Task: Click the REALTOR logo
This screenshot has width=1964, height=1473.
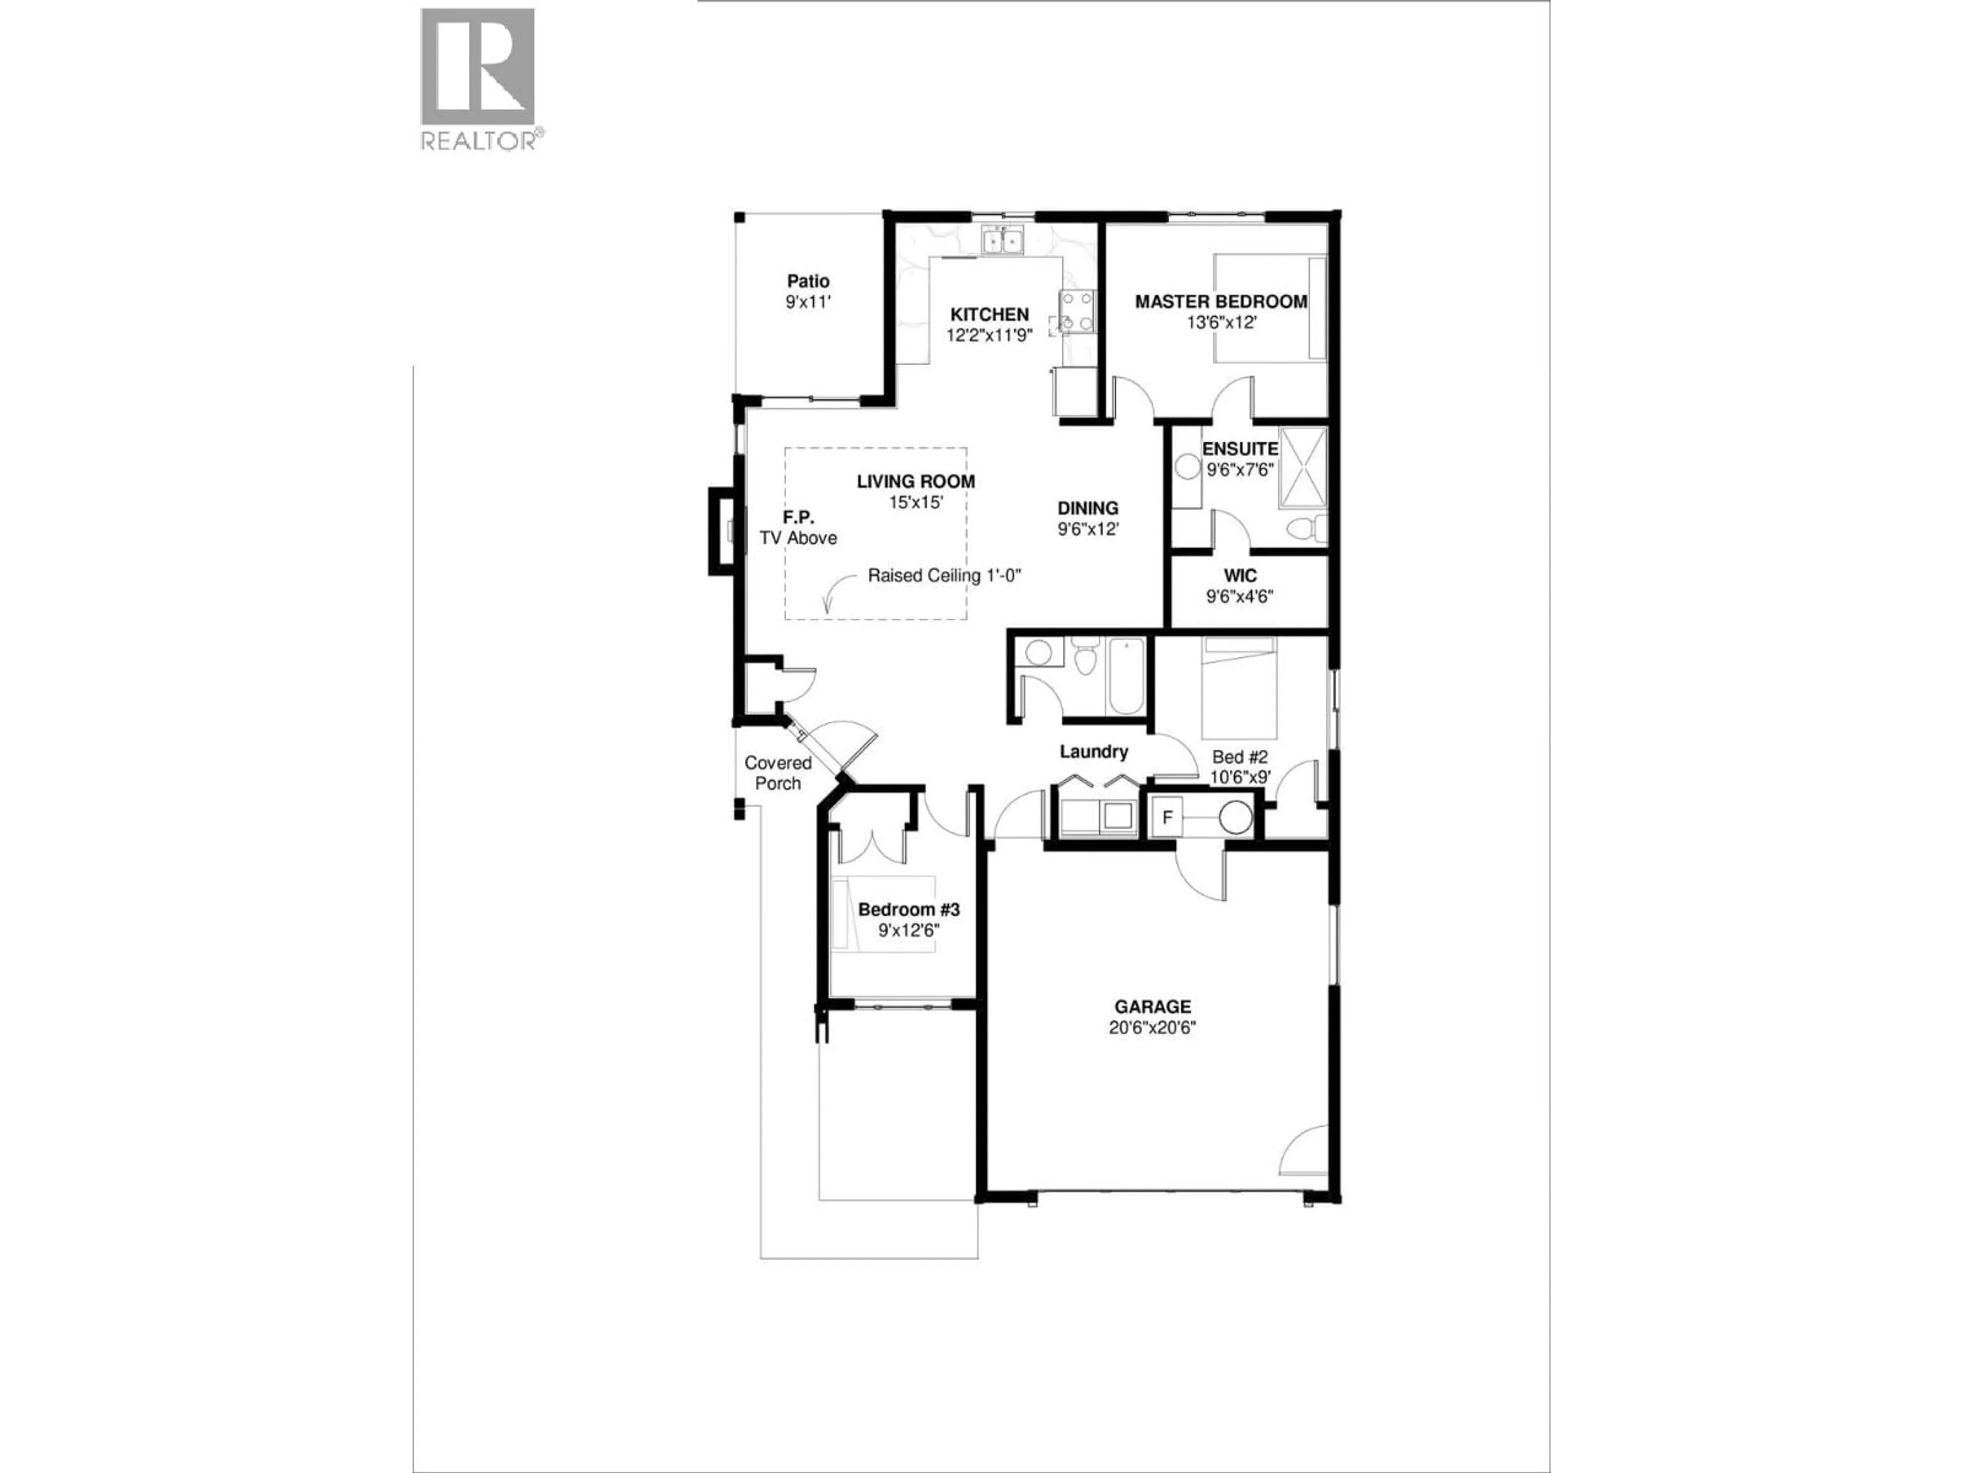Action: [478, 78]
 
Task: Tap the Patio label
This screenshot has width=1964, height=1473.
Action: [808, 281]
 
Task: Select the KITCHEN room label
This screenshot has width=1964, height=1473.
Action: [989, 315]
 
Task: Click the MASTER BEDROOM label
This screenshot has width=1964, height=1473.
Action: [1221, 302]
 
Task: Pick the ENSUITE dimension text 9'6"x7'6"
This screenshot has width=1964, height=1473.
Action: [1240, 470]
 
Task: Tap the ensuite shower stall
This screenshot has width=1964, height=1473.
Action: [1302, 467]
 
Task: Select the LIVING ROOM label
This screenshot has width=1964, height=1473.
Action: [916, 481]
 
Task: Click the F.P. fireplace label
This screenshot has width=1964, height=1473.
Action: [798, 517]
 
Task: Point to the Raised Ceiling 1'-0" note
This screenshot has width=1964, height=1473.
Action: [944, 575]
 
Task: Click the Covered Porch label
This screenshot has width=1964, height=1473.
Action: [778, 772]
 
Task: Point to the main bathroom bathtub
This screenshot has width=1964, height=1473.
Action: [1126, 678]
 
